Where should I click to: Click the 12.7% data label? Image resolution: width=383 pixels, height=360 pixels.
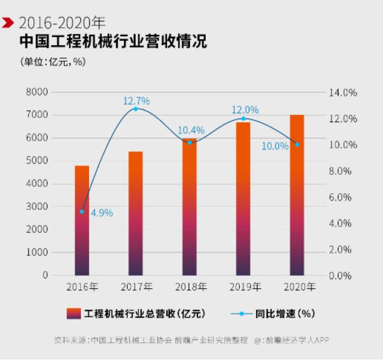pos(136,101)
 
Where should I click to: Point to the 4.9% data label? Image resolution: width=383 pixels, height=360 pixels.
pos(102,212)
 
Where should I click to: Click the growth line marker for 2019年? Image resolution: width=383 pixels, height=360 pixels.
pos(243,119)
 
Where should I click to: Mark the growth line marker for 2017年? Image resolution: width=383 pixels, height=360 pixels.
pos(135,109)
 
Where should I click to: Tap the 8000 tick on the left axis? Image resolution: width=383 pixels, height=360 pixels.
pos(37,93)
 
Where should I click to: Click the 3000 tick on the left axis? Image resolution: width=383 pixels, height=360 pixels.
pos(37,206)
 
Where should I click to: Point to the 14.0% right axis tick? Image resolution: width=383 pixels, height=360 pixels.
pos(343,93)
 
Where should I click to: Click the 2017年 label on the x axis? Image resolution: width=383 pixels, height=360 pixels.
pos(136,286)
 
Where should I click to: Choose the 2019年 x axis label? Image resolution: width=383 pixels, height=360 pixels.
pos(243,286)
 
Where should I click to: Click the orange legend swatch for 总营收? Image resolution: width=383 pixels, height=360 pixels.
pos(73,313)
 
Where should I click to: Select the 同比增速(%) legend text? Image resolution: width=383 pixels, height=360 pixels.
pos(286,313)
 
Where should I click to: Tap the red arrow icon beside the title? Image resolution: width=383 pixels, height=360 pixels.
pos(8,23)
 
